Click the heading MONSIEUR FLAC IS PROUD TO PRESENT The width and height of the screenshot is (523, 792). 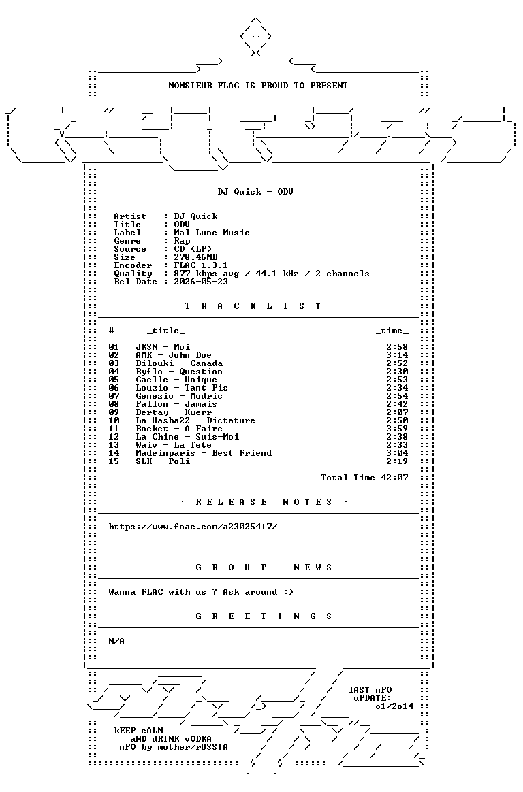(257, 86)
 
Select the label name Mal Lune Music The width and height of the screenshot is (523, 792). (212, 233)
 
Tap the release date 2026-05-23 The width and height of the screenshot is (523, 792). (201, 282)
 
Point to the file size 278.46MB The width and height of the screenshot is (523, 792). (195, 257)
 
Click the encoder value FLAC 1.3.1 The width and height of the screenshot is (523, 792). (201, 265)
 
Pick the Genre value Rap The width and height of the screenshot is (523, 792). (182, 241)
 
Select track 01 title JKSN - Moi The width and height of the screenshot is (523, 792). (163, 347)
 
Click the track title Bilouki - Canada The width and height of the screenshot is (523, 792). (179, 363)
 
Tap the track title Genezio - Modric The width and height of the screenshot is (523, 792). (179, 396)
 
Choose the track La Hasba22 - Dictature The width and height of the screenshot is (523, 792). (195, 420)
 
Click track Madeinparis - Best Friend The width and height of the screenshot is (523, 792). (204, 453)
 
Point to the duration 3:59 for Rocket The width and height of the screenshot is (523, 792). (397, 429)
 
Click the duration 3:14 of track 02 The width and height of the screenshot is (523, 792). (397, 355)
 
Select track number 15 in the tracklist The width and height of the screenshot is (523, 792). (114, 461)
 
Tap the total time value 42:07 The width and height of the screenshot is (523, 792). (395, 478)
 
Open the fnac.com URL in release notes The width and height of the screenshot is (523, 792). (193, 527)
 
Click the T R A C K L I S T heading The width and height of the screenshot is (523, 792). (253, 306)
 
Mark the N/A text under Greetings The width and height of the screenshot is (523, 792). (116, 641)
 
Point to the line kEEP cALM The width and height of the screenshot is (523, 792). (138, 731)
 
